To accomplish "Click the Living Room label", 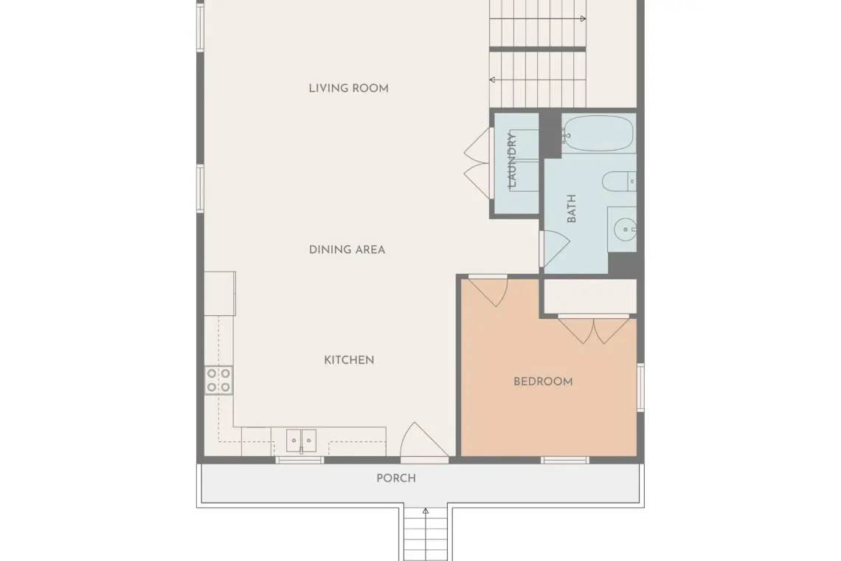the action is (x=349, y=88).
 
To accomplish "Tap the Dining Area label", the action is (x=347, y=249).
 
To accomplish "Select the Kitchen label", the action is (x=349, y=360).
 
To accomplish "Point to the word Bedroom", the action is (x=543, y=382).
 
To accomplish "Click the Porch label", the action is (x=396, y=478).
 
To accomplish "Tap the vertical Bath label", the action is (x=571, y=209).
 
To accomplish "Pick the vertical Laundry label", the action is (x=512, y=160).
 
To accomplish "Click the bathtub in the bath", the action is (x=598, y=133).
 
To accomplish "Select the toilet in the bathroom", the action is (x=619, y=182).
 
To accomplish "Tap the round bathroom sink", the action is (x=625, y=230).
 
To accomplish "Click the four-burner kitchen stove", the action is (x=219, y=380).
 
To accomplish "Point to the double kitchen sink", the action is (x=301, y=441).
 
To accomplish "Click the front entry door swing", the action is (x=424, y=442).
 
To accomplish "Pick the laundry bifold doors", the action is (x=477, y=162).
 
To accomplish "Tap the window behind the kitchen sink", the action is (x=300, y=460).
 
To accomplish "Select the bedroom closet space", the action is (x=590, y=296).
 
